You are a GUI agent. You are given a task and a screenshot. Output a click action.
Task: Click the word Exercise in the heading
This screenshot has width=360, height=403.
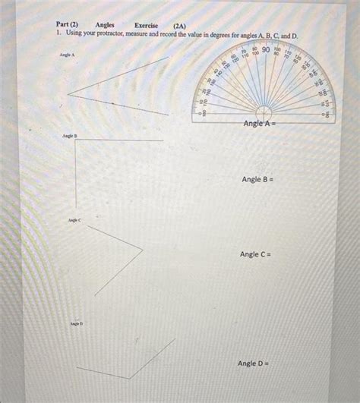click(x=146, y=25)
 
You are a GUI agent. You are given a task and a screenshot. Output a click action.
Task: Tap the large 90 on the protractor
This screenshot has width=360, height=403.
click(x=266, y=52)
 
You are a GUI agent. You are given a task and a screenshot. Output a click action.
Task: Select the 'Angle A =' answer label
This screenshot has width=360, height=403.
click(x=263, y=123)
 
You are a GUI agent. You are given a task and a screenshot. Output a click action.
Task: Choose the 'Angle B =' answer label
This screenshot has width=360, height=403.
click(x=257, y=179)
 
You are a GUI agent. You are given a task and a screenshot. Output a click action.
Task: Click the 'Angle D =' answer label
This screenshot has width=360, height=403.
click(x=254, y=364)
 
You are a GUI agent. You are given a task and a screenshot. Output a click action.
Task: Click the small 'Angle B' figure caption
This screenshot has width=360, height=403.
click(x=71, y=135)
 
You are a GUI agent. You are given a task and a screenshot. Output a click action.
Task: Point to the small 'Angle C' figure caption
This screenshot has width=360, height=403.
click(x=74, y=219)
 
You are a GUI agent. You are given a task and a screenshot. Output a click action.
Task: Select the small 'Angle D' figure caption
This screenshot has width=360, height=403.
click(x=77, y=323)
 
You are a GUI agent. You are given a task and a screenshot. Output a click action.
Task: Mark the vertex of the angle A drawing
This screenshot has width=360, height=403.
click(x=68, y=93)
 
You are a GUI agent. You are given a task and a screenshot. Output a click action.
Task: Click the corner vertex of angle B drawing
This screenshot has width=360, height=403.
click(x=76, y=141)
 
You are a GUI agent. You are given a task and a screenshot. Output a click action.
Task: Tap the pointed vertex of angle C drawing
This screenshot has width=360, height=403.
click(x=143, y=247)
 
